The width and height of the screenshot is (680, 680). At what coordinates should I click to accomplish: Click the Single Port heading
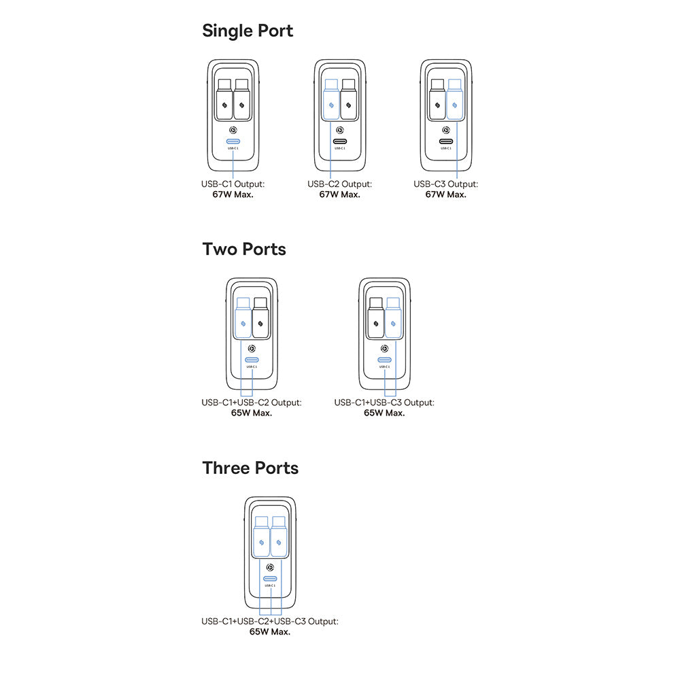click(x=248, y=31)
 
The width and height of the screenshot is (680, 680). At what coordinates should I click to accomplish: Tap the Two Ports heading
click(x=244, y=250)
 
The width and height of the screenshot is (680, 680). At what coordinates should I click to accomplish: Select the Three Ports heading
click(x=250, y=469)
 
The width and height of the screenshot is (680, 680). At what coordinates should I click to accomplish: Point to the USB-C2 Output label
click(x=339, y=184)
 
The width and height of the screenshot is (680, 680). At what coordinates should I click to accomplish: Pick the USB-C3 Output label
click(x=446, y=184)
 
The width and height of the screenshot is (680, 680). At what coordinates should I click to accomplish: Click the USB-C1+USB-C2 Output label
click(x=252, y=403)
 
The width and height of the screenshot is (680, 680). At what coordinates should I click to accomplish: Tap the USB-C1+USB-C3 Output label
click(x=384, y=403)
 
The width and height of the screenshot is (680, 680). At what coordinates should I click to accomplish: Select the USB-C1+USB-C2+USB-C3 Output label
click(x=270, y=622)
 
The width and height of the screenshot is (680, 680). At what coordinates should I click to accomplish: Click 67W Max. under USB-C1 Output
click(x=233, y=194)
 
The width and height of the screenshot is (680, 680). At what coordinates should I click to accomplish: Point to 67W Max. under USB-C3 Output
click(x=446, y=194)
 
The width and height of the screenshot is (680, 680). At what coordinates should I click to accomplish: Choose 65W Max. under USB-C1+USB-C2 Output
click(x=252, y=413)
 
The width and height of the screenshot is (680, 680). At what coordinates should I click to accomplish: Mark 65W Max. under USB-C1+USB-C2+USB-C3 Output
click(x=270, y=632)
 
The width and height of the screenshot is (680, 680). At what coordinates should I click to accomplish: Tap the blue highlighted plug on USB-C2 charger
click(x=331, y=101)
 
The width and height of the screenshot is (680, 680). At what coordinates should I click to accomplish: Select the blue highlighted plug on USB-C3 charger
click(x=454, y=101)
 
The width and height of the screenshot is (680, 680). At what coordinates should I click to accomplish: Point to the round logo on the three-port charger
click(x=270, y=567)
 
